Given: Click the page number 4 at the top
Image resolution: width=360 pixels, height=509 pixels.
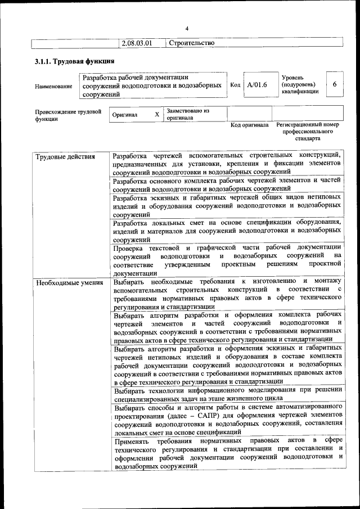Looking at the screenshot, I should (x=187, y=29).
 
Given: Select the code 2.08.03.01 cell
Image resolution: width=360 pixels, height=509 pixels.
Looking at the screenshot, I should (x=137, y=43).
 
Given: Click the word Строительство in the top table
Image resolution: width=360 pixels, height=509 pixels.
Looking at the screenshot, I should (x=191, y=43).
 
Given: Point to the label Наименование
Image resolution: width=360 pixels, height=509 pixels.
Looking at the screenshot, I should (x=53, y=86).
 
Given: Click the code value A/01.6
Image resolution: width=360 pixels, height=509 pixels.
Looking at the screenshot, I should (x=256, y=85).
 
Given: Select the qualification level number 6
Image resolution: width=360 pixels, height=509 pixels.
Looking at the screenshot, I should (x=334, y=84).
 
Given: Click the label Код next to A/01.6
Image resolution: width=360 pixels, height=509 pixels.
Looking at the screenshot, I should (x=235, y=85).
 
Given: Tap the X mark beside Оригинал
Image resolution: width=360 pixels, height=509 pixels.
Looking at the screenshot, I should (x=157, y=114).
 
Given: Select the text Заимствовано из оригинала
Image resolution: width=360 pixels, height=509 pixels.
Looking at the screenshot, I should (x=188, y=114).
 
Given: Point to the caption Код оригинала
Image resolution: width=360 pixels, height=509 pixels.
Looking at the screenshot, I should (x=250, y=125).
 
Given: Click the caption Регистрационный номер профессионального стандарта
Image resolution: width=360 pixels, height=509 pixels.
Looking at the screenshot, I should (x=307, y=131).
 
